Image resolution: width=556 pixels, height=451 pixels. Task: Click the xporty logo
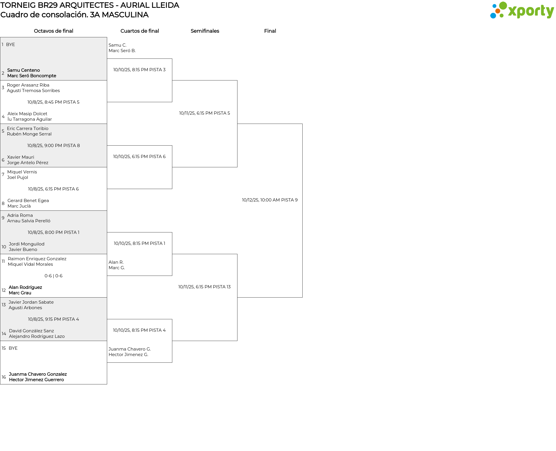pyautogui.click(x=522, y=10)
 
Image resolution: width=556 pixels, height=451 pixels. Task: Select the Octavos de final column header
pyautogui.click(x=54, y=31)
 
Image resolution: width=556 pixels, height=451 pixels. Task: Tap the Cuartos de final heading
pyautogui.click(x=140, y=31)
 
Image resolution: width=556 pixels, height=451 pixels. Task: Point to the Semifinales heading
pyautogui.click(x=205, y=31)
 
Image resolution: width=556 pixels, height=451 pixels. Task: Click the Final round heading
pyautogui.click(x=270, y=31)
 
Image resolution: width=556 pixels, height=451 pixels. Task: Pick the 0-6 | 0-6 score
pyautogui.click(x=54, y=276)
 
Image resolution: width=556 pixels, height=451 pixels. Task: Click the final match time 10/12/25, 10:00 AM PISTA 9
pyautogui.click(x=270, y=200)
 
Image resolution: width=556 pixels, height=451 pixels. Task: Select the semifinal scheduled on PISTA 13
pyautogui.click(x=204, y=287)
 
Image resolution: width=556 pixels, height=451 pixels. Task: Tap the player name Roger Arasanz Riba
pyautogui.click(x=28, y=85)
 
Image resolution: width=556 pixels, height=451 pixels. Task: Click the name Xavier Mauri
pyautogui.click(x=21, y=157)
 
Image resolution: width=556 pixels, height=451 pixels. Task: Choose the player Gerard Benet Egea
pyautogui.click(x=28, y=201)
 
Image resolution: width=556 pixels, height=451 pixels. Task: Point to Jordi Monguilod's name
pyautogui.click(x=27, y=244)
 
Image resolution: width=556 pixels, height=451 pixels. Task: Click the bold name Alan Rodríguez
pyautogui.click(x=25, y=287)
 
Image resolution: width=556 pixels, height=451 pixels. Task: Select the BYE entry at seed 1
pyautogui.click(x=10, y=45)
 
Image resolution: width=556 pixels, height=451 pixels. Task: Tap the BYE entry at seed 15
pyautogui.click(x=13, y=348)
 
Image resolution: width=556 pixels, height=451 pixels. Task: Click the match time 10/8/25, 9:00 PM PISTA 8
pyautogui.click(x=54, y=146)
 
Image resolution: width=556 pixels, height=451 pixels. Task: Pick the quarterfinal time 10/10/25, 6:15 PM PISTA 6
pyautogui.click(x=139, y=157)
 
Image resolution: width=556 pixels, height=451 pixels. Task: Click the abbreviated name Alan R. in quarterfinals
pyautogui.click(x=116, y=262)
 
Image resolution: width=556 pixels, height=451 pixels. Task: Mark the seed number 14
pyautogui.click(x=4, y=334)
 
